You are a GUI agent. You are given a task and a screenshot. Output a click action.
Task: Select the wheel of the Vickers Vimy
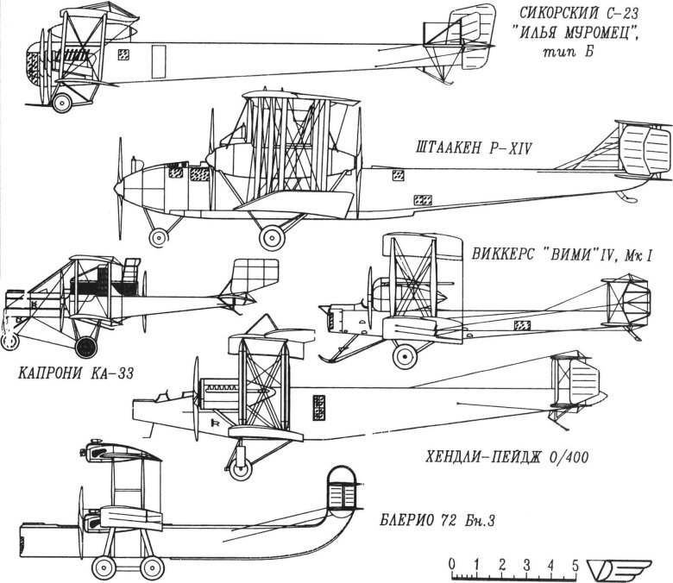click(403, 354)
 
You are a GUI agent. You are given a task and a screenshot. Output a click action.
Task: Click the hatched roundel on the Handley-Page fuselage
click(319, 405)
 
